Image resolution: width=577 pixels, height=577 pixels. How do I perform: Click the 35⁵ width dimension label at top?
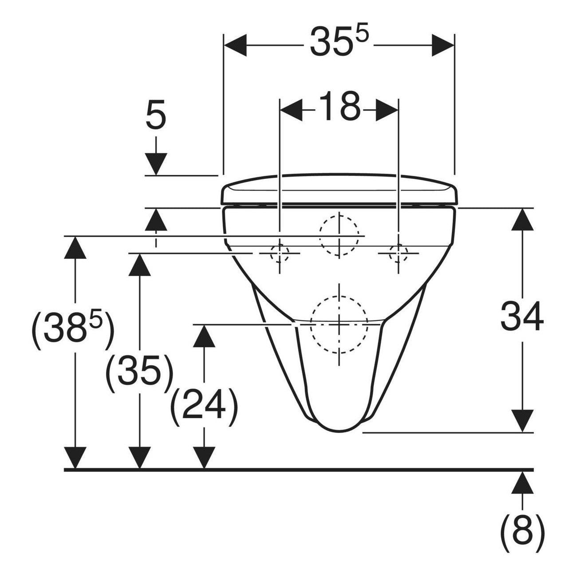click(x=338, y=42)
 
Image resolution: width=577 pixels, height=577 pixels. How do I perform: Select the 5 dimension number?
click(x=156, y=115)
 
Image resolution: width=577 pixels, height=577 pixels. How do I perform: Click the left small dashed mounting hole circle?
click(x=280, y=253)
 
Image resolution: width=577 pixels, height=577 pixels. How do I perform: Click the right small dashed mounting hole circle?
click(x=398, y=253)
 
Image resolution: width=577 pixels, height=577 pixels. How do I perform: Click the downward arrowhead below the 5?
click(x=156, y=164)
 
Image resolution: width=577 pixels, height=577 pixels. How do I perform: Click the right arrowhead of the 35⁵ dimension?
click(x=443, y=45)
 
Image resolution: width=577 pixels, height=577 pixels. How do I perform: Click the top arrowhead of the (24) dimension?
click(x=204, y=336)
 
